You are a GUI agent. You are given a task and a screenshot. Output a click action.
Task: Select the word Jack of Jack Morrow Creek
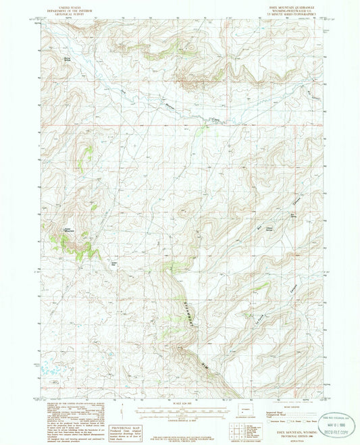pyautogui.click(x=124, y=90)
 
